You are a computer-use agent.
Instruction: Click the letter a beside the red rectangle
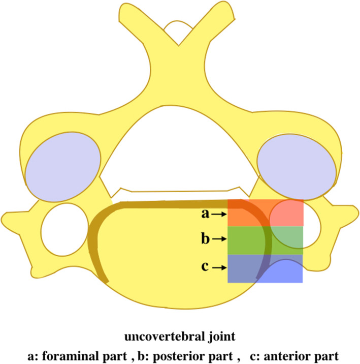pyautogui.click(x=205, y=214)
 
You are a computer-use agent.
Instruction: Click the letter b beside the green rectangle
pyautogui.click(x=205, y=238)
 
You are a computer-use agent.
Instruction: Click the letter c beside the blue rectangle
pyautogui.click(x=206, y=266)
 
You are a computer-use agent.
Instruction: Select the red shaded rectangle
pyautogui.click(x=265, y=213)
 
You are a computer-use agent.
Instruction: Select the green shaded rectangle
pyautogui.click(x=265, y=240)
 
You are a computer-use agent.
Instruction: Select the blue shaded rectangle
pyautogui.click(x=265, y=268)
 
